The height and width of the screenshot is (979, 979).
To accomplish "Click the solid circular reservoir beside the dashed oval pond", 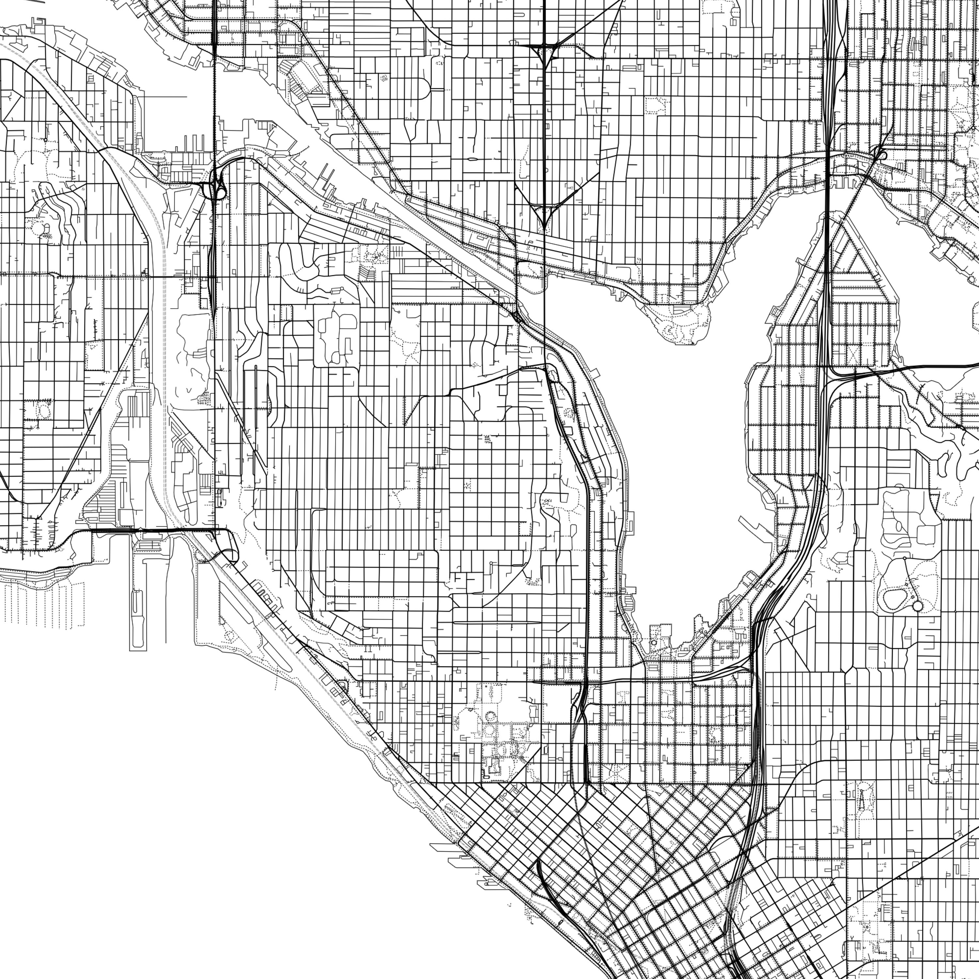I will (x=917, y=606).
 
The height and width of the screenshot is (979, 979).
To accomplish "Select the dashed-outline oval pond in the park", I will (x=895, y=599).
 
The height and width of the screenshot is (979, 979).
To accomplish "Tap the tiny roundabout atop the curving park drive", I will (x=905, y=558).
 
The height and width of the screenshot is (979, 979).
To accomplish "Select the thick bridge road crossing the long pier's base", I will (x=152, y=530).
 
